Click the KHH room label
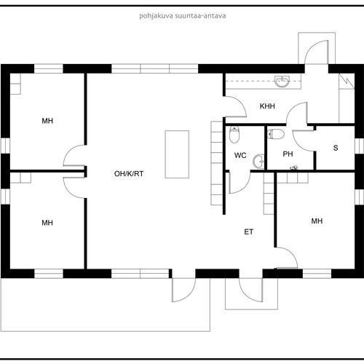(x=267, y=106)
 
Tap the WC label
(x=240, y=155)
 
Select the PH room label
(x=288, y=154)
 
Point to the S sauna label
(x=336, y=148)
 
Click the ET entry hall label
(x=249, y=232)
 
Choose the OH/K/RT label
(x=129, y=174)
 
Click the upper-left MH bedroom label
(x=47, y=121)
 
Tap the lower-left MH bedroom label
(x=47, y=223)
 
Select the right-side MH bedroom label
(x=317, y=221)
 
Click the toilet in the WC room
(x=234, y=134)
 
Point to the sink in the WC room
(x=258, y=161)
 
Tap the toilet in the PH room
(x=275, y=134)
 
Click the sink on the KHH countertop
(x=282, y=82)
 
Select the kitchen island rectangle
(x=177, y=154)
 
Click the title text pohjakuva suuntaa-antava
(x=183, y=16)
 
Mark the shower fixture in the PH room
(x=294, y=167)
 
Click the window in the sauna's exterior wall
(x=359, y=146)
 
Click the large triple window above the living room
(x=155, y=68)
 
